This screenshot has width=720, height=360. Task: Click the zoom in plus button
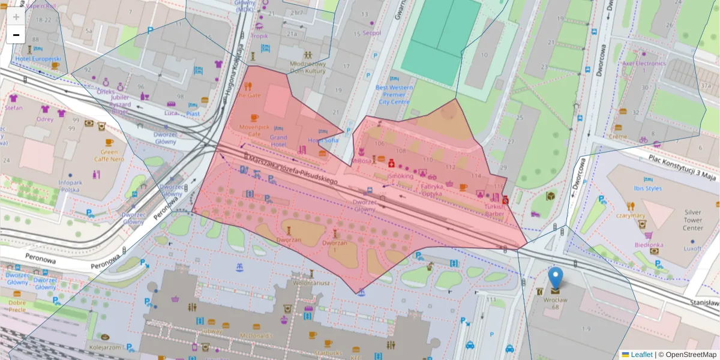pos(16,16)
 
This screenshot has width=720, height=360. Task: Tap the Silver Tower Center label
pos(693,220)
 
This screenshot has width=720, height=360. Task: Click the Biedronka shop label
pos(649,245)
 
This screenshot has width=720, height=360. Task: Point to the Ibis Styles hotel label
pos(644,188)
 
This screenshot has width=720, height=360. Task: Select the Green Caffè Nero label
pos(109,155)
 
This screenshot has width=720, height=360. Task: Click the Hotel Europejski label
pos(38,59)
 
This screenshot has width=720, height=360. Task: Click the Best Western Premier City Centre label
pos(394,95)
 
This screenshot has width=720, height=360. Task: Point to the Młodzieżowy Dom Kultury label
pos(307,67)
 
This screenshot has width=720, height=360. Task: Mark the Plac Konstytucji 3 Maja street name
pos(682,167)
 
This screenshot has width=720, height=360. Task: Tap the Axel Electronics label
pos(644,63)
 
